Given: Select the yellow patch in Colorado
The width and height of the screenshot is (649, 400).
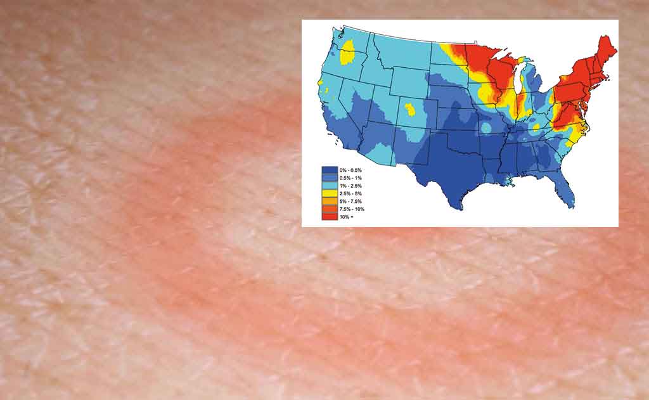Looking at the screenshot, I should (411, 111).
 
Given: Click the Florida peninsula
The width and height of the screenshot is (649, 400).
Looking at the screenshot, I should (568, 190).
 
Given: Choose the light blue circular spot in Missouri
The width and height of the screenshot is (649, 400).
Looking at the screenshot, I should (485, 128).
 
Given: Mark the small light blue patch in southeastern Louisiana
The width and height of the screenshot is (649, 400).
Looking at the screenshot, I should (508, 181).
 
